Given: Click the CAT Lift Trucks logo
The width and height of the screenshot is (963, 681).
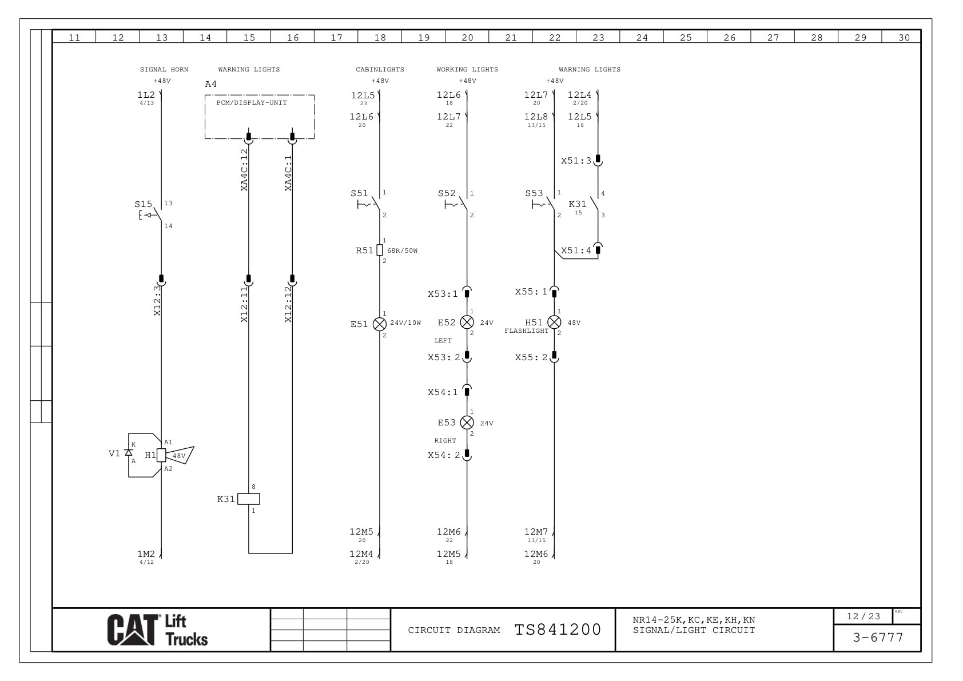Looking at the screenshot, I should tap(157, 630).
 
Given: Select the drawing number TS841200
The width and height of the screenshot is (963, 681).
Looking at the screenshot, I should tap(558, 630).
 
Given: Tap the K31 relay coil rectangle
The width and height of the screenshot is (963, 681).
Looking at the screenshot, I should tap(249, 499).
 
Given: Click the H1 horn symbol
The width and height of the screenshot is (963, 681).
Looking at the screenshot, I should tap(162, 455).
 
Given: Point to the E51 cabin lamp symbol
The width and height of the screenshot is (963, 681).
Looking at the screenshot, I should tap(380, 324).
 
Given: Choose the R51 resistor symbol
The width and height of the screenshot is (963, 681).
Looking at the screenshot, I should tap(380, 250).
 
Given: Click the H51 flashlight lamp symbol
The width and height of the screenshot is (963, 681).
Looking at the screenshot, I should tap(554, 322).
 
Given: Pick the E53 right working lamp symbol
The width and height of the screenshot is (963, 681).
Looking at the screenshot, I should tap(467, 423).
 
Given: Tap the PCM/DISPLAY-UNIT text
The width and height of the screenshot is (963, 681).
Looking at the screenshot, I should tap(252, 103).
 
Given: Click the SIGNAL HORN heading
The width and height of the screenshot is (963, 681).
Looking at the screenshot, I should tap(164, 70).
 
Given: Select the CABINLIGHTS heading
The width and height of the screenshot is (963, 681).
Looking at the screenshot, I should tap(380, 70).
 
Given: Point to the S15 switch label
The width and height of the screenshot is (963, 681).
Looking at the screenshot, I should tap(143, 204).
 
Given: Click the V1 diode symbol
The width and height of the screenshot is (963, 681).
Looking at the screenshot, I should tap(129, 452).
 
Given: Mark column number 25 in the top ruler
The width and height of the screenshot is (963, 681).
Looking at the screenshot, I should tap(686, 38).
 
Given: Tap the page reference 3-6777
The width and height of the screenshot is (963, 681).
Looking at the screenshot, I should tap(878, 638).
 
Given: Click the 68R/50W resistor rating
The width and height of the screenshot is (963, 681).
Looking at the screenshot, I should tap(403, 251).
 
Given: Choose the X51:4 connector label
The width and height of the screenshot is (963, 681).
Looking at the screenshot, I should tap(576, 250).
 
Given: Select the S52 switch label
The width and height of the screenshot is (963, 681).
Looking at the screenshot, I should tap(447, 193).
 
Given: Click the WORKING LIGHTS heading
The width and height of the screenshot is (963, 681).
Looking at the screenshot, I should tap(467, 70).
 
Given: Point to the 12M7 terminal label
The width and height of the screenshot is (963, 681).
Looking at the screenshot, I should tap(536, 532).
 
